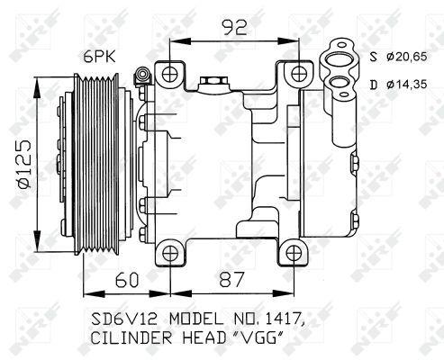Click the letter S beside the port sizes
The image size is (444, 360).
pyautogui.click(x=374, y=57)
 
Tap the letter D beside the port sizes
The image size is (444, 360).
pyautogui.click(x=374, y=85)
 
